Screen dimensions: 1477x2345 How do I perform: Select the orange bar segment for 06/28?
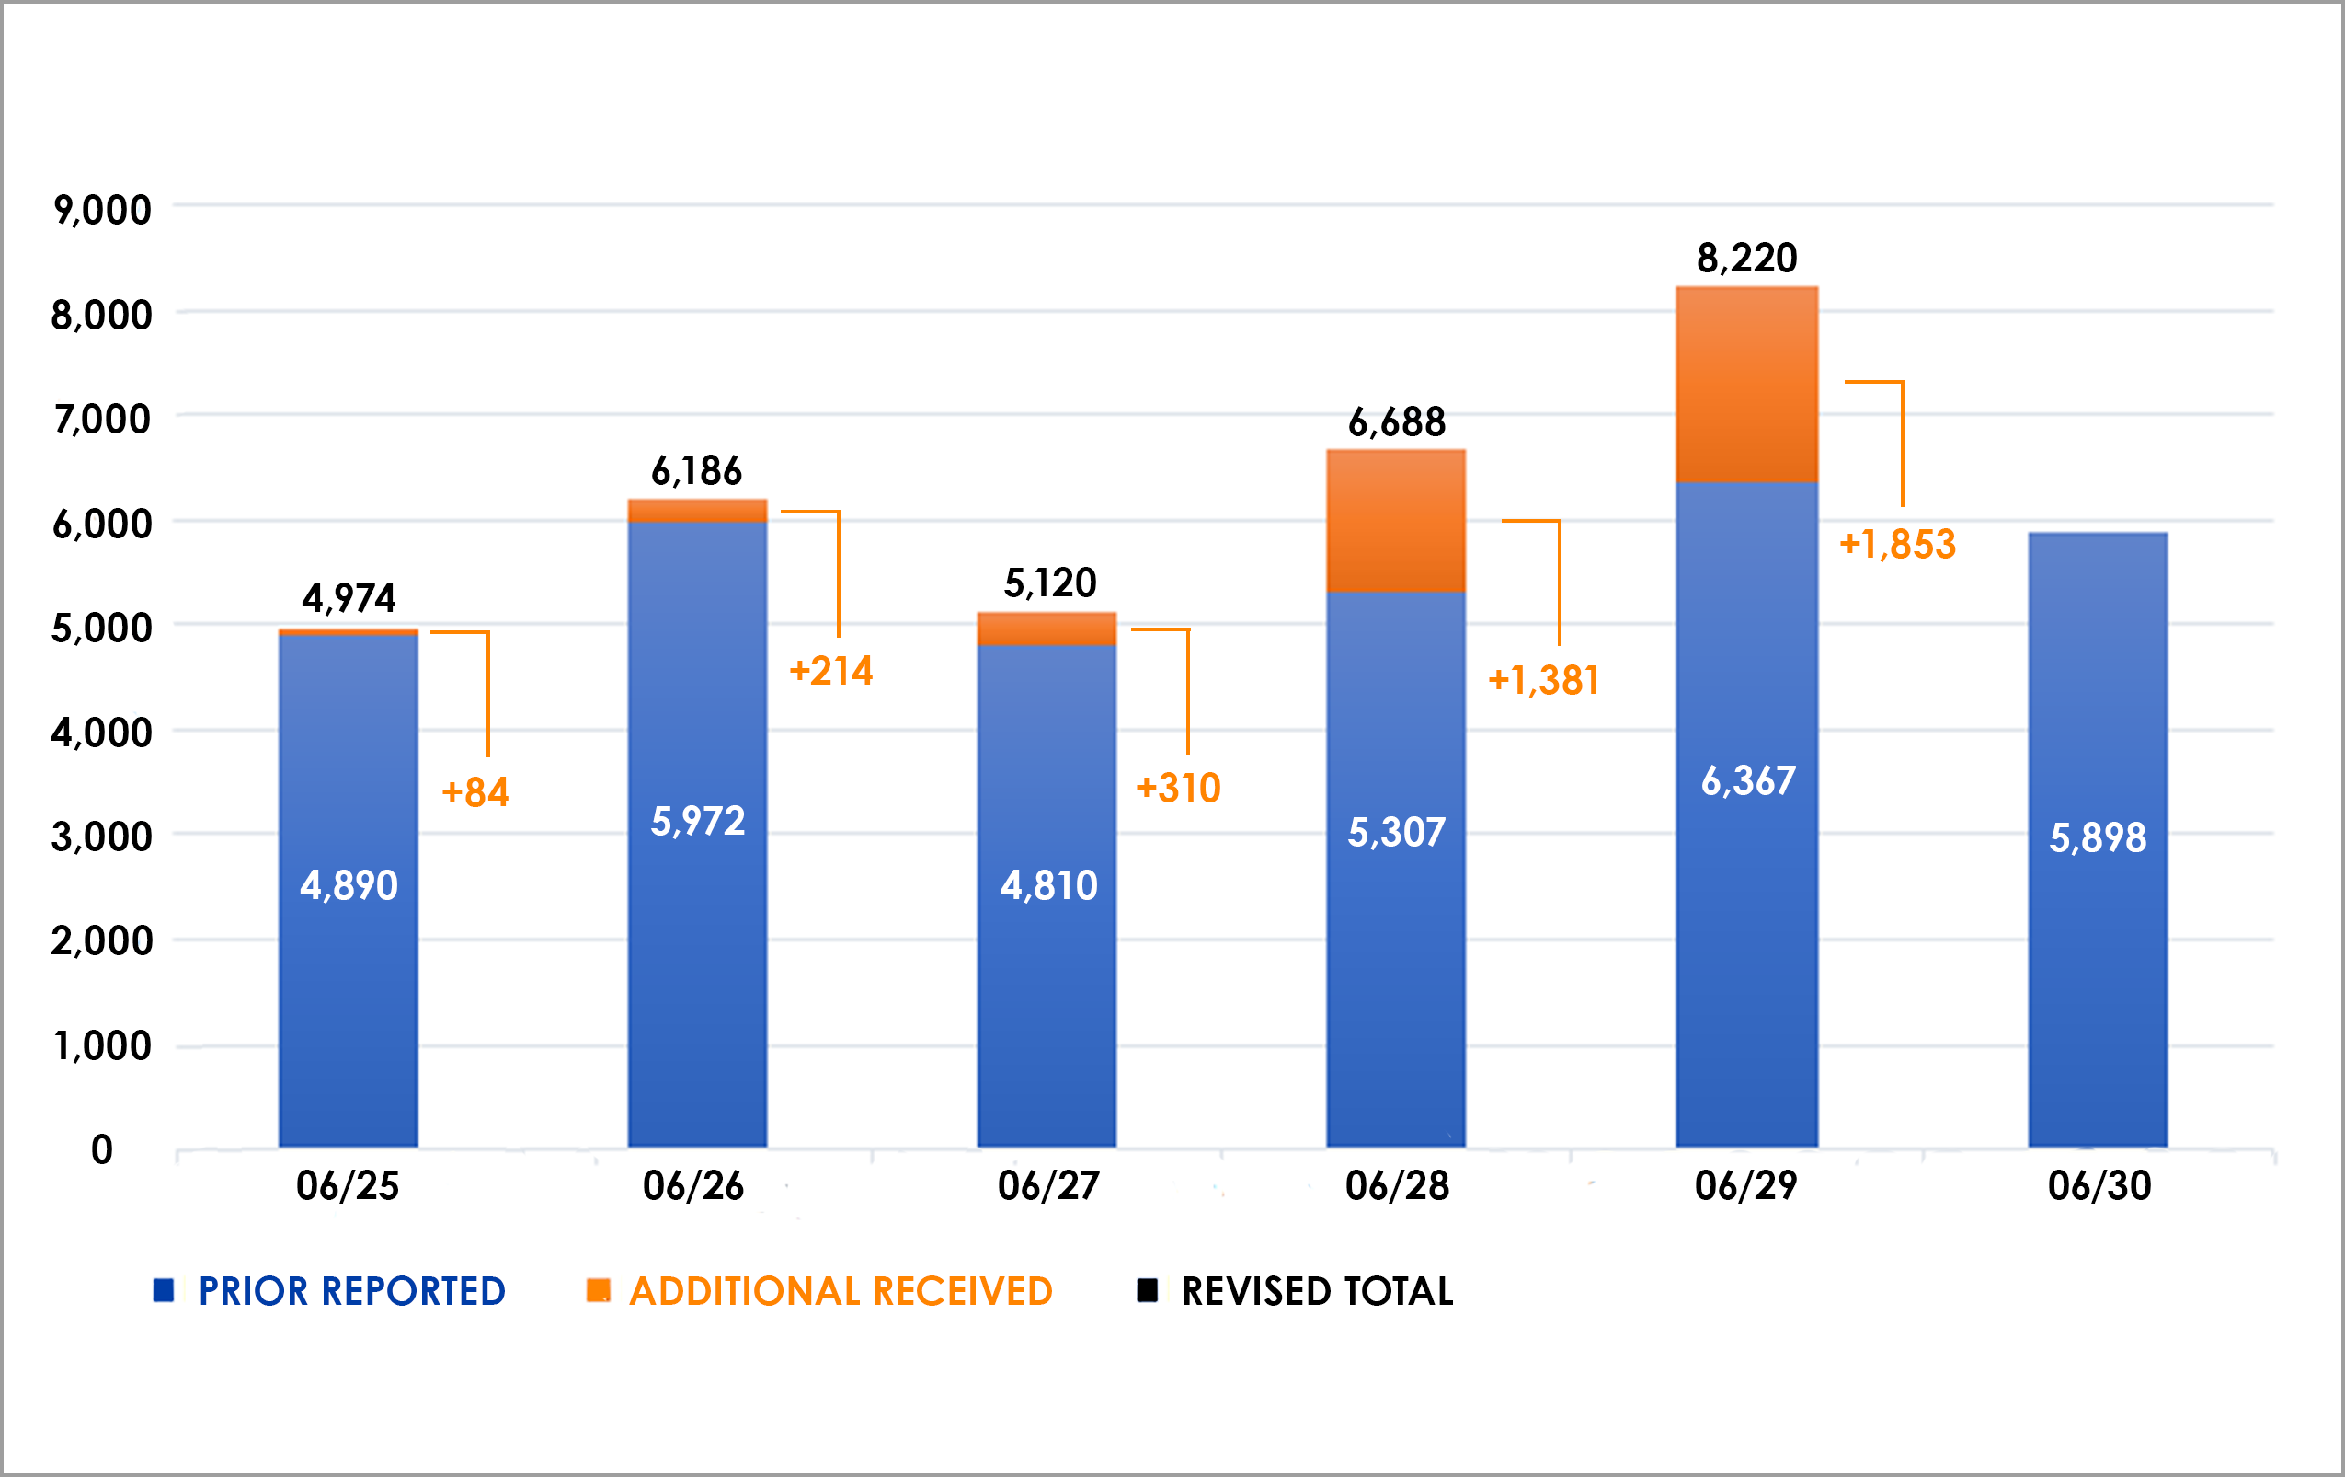point(1396,521)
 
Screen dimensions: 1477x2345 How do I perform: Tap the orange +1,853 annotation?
point(1897,545)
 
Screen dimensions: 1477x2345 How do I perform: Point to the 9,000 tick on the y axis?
point(102,211)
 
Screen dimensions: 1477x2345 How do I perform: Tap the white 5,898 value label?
point(2098,837)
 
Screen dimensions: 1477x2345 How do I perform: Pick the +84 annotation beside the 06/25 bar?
point(475,792)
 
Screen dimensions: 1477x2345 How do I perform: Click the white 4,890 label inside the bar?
point(349,885)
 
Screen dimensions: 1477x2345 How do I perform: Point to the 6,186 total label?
point(696,472)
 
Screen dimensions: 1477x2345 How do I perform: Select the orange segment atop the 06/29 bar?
point(1747,385)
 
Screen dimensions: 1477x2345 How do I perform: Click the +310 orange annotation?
point(1178,788)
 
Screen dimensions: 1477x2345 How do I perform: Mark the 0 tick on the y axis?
point(101,1150)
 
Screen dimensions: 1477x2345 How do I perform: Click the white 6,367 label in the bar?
point(1748,781)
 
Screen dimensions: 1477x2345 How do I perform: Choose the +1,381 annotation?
point(1545,681)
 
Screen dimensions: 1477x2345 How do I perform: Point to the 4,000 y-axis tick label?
point(102,733)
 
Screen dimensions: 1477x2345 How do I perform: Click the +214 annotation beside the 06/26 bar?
point(830,671)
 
